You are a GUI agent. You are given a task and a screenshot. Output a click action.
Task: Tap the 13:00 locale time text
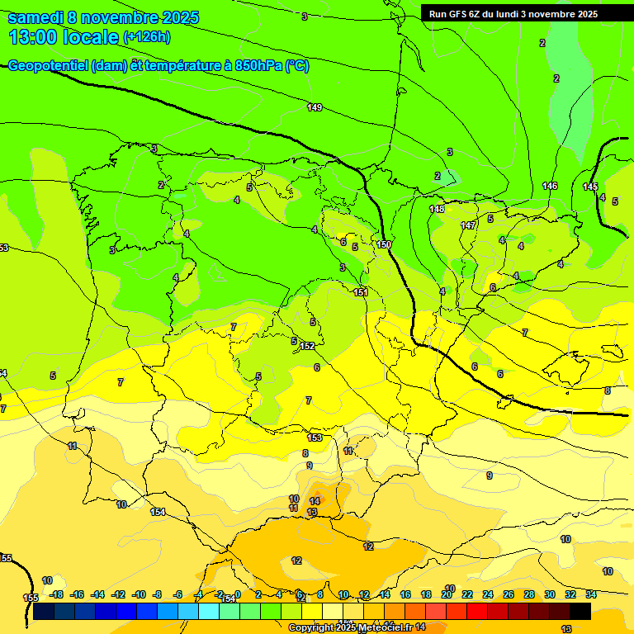click(63, 37)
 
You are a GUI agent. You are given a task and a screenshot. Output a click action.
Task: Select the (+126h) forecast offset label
click(147, 37)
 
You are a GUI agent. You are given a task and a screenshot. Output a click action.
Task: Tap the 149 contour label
click(315, 107)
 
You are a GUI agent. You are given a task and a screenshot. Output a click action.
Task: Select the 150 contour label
click(384, 245)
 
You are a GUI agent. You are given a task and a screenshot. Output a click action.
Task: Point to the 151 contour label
click(361, 292)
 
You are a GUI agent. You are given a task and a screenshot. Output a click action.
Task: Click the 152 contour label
click(307, 346)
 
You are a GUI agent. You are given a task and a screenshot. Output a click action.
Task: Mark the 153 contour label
click(315, 438)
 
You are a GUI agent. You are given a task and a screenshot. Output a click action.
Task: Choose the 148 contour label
click(437, 209)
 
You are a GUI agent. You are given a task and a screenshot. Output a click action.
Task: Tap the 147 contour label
click(468, 225)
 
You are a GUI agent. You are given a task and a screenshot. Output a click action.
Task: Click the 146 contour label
click(550, 186)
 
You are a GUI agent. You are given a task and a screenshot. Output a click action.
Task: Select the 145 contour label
click(589, 187)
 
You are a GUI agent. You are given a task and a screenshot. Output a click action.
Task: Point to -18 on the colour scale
click(56, 594)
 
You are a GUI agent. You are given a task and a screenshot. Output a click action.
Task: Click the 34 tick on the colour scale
click(591, 594)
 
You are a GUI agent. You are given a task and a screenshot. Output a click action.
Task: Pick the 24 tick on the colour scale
click(488, 594)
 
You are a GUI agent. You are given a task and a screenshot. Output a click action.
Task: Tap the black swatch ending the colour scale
click(580, 612)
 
